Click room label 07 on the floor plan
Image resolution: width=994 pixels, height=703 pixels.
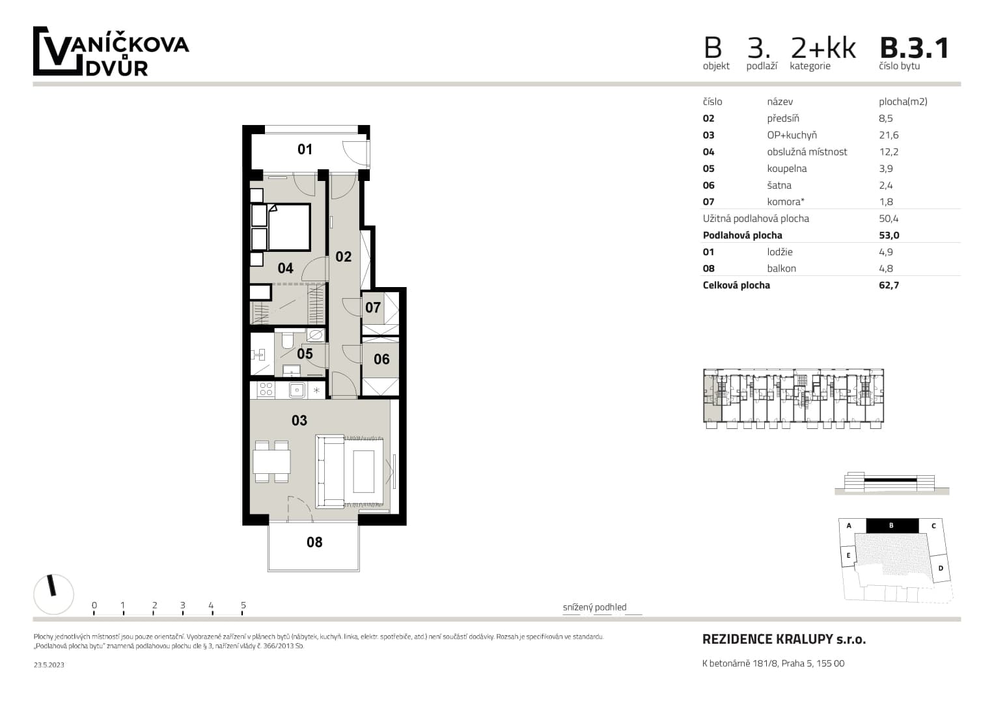[x=372, y=307]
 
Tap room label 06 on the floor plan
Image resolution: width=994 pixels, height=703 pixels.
[x=381, y=359]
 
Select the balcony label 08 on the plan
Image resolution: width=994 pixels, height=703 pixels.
[x=314, y=542]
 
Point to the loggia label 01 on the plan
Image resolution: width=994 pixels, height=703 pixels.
[x=305, y=150]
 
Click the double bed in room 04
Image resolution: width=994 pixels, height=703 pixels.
[x=288, y=227]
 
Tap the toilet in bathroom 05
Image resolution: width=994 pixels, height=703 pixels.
[x=287, y=340]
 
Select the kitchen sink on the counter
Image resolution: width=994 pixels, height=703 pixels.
[x=297, y=390]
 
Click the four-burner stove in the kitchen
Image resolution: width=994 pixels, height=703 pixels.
[x=266, y=390]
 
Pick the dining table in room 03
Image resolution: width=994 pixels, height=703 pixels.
[x=271, y=462]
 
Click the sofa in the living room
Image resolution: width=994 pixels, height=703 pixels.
[x=329, y=472]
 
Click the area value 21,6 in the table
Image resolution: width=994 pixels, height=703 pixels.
[x=889, y=135]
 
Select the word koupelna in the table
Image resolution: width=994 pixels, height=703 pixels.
[x=786, y=169]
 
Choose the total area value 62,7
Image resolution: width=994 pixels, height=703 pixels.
[x=889, y=285]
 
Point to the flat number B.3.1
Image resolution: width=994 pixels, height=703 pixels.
[x=914, y=49]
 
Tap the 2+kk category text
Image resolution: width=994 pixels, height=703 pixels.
[x=823, y=49]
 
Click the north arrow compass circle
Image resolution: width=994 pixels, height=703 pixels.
[x=53, y=594]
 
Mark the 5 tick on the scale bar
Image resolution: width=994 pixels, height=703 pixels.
[x=243, y=606]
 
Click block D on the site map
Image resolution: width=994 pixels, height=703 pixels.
[x=941, y=568]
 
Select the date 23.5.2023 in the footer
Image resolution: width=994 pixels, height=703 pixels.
[x=49, y=665]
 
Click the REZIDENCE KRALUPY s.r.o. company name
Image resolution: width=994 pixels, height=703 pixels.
[x=784, y=639]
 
